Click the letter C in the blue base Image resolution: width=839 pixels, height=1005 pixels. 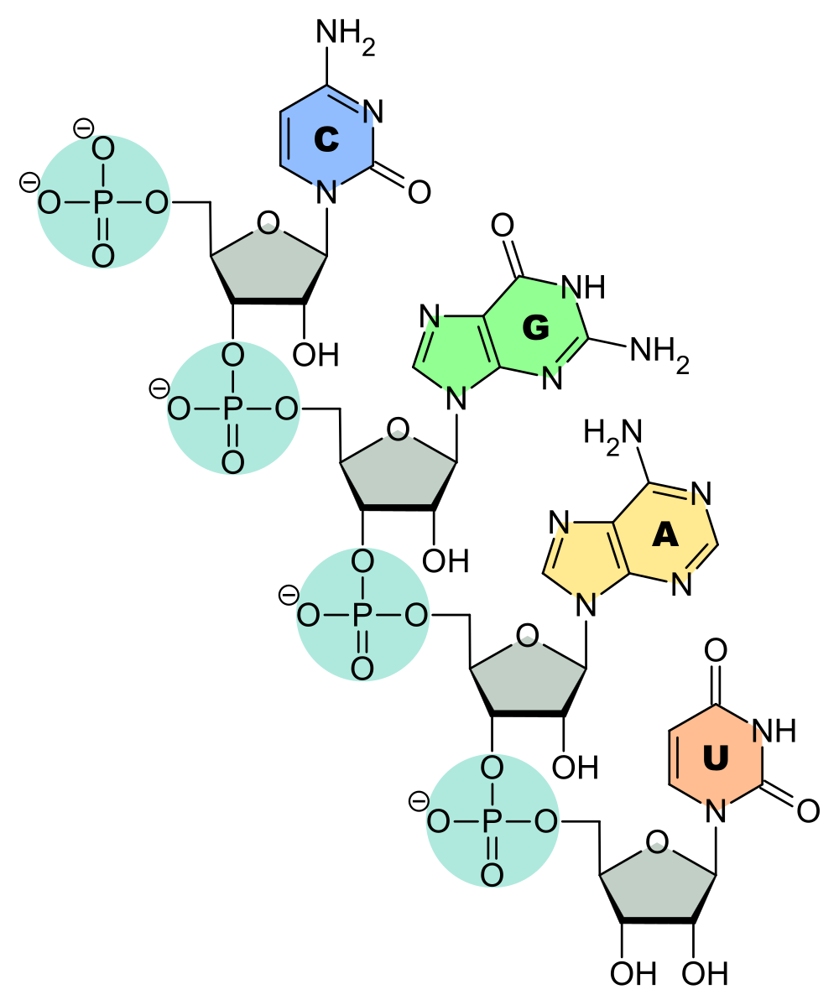click(x=326, y=139)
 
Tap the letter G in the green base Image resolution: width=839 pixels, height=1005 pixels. click(x=535, y=329)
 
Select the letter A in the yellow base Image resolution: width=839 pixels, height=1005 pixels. click(x=664, y=535)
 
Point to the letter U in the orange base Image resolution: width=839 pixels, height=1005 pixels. click(x=715, y=759)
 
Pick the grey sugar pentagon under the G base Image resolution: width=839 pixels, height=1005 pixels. click(x=398, y=475)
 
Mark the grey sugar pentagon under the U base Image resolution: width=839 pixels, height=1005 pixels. click(x=657, y=888)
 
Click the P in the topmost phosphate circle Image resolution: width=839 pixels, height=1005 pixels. click(x=103, y=203)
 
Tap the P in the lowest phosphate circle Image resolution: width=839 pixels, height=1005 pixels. click(x=492, y=822)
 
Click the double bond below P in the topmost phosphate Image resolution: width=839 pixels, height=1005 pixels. click(x=103, y=230)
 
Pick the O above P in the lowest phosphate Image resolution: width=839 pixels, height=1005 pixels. click(x=492, y=768)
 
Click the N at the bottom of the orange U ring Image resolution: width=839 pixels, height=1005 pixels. click(x=715, y=807)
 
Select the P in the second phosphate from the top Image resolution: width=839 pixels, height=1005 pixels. click(x=232, y=409)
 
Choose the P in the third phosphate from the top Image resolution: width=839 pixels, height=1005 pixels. click(x=362, y=616)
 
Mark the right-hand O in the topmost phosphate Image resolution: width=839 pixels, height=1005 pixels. click(x=157, y=203)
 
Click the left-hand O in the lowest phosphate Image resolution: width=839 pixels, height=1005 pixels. click(x=439, y=822)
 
